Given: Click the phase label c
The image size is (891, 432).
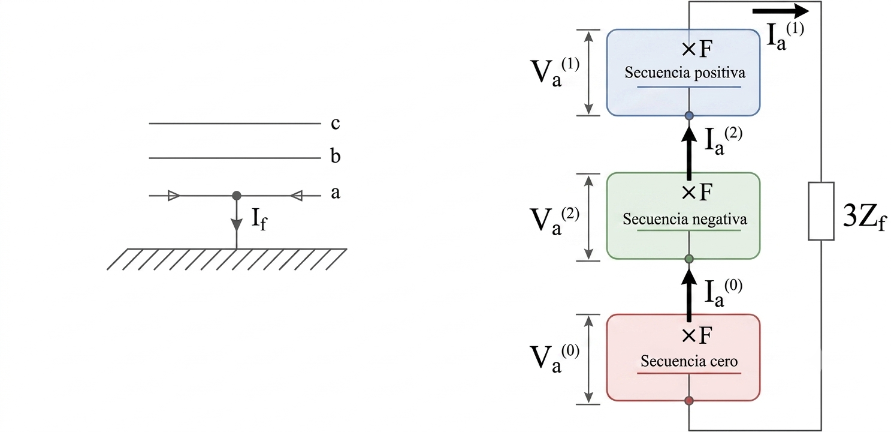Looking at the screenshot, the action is click(x=336, y=124).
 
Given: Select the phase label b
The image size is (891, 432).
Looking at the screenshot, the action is click(x=336, y=155).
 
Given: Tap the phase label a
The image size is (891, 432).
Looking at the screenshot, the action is click(x=336, y=193).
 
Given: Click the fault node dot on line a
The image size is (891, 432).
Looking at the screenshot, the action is click(x=237, y=196).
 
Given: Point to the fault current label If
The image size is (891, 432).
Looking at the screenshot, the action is click(x=259, y=220).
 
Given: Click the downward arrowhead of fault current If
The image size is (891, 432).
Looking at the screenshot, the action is click(x=237, y=224).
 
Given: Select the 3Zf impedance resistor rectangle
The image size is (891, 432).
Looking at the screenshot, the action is click(x=821, y=211).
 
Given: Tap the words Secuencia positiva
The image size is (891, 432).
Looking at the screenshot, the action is click(x=685, y=73).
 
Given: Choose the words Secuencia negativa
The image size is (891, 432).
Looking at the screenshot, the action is click(x=685, y=219).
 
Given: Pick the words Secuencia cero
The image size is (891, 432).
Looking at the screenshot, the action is click(x=689, y=361).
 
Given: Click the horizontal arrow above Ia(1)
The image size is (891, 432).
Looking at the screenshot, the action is click(x=778, y=11).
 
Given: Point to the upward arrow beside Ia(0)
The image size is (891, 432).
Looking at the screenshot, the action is click(x=689, y=294).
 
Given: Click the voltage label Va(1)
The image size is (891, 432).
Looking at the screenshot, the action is click(x=555, y=71).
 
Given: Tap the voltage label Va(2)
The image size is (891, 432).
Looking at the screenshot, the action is click(x=555, y=221).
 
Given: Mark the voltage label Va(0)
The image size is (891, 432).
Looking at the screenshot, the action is click(x=555, y=358).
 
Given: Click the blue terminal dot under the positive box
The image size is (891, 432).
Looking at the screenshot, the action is click(x=689, y=116).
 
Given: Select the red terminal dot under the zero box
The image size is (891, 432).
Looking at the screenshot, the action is click(x=689, y=401).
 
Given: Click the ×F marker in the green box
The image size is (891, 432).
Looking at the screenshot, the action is click(x=697, y=193).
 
